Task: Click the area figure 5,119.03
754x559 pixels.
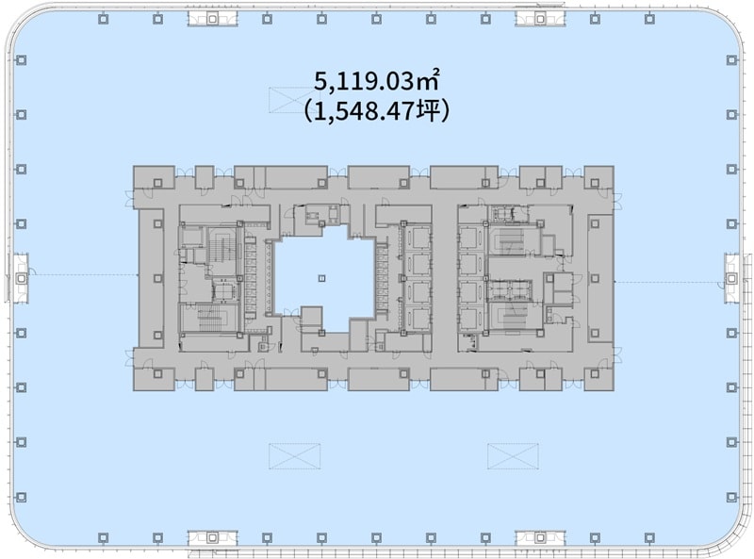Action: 364,81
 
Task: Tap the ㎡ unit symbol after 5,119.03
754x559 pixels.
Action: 428,80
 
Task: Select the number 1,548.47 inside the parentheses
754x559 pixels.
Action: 364,111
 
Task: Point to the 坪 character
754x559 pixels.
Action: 428,111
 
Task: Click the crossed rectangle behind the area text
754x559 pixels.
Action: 294,100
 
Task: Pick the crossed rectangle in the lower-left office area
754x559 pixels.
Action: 294,456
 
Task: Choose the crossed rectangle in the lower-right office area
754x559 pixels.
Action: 513,456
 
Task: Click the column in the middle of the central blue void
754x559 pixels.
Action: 322,278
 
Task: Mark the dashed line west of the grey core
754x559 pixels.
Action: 83,275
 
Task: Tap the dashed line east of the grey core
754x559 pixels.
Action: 669,283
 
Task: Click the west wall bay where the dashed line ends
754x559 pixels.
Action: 21,278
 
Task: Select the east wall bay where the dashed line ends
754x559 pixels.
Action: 732,278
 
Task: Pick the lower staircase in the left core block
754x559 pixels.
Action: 208,318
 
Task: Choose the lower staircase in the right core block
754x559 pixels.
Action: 513,315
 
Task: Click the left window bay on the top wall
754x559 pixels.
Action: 213,19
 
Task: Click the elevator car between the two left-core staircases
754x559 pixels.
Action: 224,291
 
